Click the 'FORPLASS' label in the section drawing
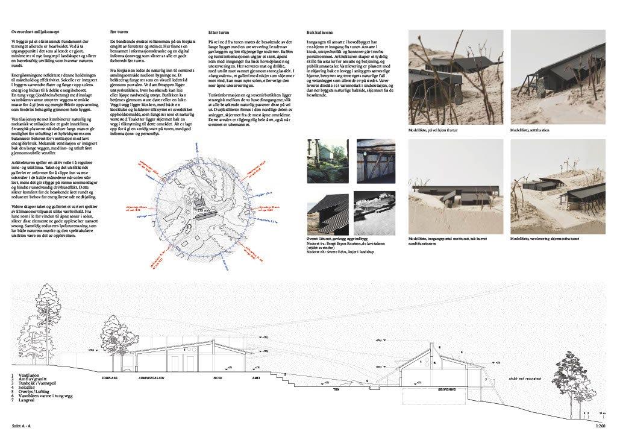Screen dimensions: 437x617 tap(109, 378)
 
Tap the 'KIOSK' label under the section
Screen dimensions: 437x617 tap(218, 378)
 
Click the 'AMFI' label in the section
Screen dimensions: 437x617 tap(255, 378)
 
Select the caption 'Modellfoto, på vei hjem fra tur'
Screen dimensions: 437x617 tap(437, 130)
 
